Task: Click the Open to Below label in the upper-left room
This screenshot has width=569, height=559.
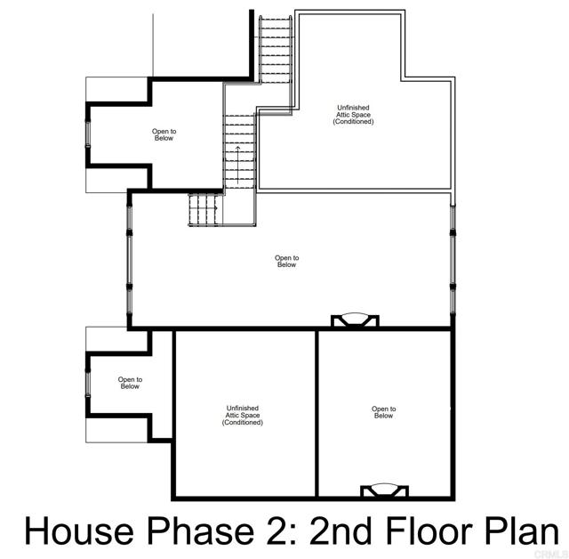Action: (164, 135)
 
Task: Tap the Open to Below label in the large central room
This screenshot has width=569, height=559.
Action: (286, 261)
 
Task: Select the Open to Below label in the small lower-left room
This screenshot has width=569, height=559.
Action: (130, 383)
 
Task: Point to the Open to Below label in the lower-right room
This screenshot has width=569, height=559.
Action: (383, 412)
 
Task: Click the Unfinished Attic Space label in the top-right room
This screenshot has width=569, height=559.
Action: (353, 115)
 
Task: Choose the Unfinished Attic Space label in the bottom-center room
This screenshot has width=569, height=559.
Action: (243, 415)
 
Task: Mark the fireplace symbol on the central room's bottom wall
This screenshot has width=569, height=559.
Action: (355, 320)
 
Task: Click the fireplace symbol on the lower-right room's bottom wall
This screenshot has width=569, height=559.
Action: (384, 490)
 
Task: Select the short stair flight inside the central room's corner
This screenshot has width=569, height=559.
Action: (203, 210)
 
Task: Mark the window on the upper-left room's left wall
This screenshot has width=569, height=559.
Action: (87, 134)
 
